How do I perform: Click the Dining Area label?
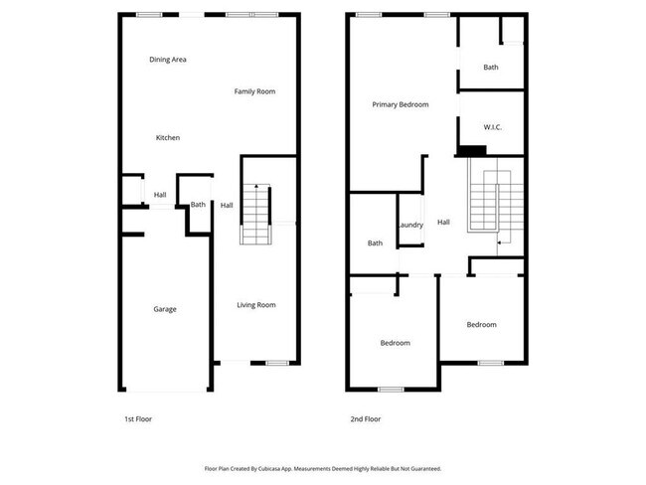tap(168, 60)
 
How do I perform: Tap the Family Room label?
tap(254, 91)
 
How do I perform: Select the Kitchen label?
tap(168, 137)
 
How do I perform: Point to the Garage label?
tap(165, 309)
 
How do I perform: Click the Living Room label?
tap(256, 305)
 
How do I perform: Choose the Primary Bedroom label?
tap(401, 104)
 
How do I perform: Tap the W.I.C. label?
tap(492, 127)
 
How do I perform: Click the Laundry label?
tap(410, 225)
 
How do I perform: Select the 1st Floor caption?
tap(138, 419)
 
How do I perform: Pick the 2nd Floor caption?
tap(365, 419)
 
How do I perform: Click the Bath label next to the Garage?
tap(198, 205)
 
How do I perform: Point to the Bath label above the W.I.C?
tap(491, 68)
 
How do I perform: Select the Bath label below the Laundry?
tap(375, 243)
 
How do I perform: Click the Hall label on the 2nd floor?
tap(443, 223)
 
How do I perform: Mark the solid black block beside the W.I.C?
tap(472, 151)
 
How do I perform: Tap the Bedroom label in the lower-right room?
tap(482, 325)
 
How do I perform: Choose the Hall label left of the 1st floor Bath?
tap(160, 195)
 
